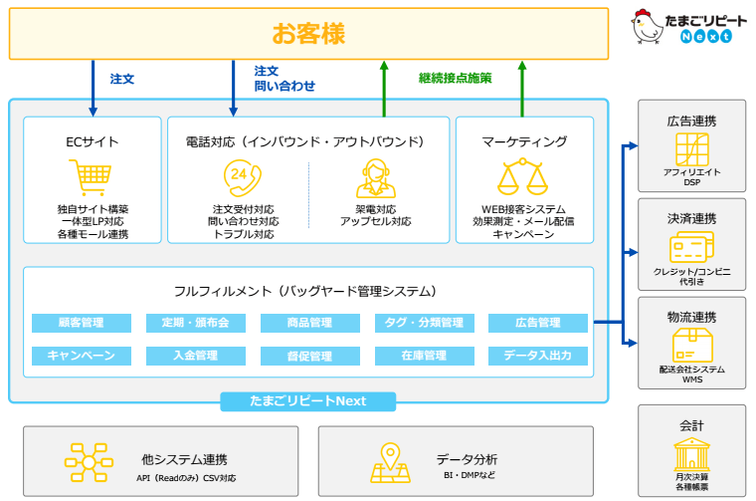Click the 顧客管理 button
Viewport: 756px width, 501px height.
[82, 323]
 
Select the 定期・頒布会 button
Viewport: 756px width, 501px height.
[195, 323]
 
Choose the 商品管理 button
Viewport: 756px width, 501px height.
[309, 323]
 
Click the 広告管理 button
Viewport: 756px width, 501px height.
[538, 323]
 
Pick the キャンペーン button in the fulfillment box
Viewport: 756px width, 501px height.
[82, 356]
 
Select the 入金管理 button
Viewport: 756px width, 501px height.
[195, 356]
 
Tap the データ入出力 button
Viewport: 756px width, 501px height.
[538, 356]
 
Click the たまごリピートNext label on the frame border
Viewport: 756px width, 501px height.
[308, 401]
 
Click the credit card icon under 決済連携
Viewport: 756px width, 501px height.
[691, 248]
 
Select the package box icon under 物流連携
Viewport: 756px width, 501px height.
[691, 345]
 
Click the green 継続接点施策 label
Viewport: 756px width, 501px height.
[455, 78]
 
